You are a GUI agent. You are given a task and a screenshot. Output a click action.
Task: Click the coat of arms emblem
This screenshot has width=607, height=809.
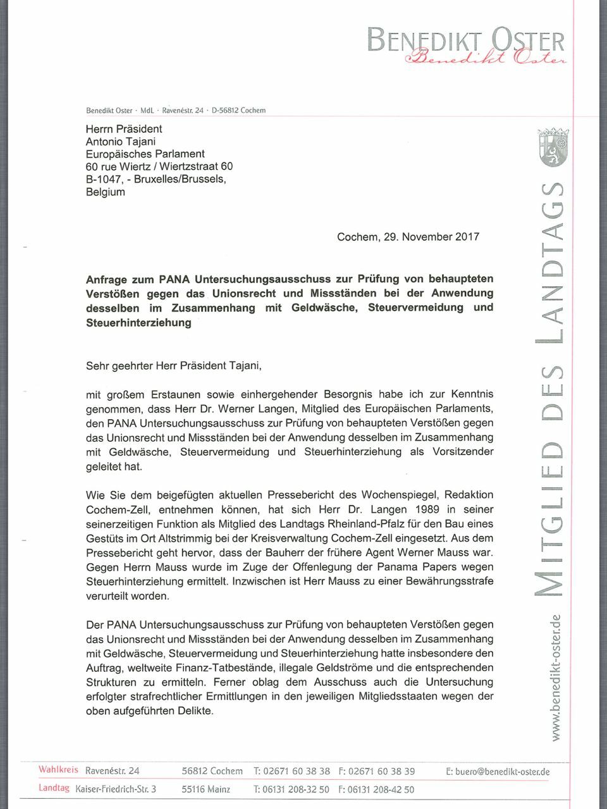(553, 150)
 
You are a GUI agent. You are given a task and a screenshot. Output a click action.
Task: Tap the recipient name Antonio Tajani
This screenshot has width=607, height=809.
(121, 142)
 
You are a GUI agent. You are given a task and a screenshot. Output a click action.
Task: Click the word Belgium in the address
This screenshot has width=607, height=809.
(106, 192)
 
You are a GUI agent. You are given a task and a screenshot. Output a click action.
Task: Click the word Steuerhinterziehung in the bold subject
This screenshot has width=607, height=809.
(138, 323)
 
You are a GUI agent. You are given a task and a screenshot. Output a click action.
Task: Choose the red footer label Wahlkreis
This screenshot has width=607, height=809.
(58, 770)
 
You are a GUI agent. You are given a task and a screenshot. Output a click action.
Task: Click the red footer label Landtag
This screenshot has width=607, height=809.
(54, 788)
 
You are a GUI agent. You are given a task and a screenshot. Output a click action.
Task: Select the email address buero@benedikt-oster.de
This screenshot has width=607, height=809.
(498, 771)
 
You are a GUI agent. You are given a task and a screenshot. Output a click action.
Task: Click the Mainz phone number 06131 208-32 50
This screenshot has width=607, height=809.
(291, 789)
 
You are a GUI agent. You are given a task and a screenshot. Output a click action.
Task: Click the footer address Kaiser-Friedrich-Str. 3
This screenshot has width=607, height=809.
(116, 789)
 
